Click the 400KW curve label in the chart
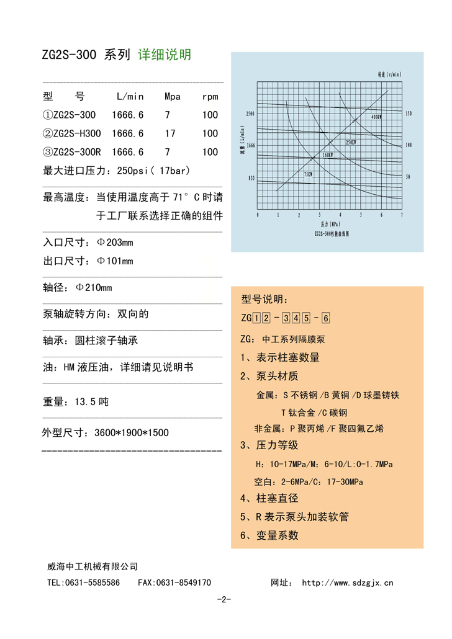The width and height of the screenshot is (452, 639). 376,117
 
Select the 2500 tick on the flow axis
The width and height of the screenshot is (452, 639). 250,114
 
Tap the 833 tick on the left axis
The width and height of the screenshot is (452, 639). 251,178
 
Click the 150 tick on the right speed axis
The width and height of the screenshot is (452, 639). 408,114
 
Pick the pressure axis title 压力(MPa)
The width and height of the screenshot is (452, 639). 331,223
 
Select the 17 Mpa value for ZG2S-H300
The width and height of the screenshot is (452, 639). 170,133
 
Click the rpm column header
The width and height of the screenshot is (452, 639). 210,97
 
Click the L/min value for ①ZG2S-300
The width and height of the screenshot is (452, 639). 128,115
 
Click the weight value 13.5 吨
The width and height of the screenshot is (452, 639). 91,402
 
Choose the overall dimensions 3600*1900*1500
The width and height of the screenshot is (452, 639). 131,432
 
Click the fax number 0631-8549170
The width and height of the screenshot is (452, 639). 183,583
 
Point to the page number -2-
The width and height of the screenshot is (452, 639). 224,599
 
